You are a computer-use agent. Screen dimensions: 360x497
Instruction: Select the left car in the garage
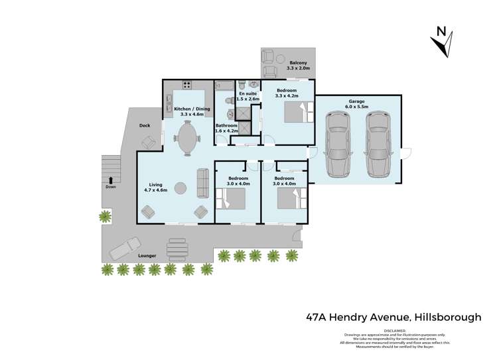tap(337, 145)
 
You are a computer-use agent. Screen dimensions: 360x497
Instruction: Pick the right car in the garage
tap(379, 145)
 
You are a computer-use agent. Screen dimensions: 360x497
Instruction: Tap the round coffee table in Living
tap(180, 188)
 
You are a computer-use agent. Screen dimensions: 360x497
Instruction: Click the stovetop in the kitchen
tap(186, 85)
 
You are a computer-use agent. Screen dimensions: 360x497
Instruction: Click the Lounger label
tap(147, 255)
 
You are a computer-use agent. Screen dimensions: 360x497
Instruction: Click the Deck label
tap(145, 125)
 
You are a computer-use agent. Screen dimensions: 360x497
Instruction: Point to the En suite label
tap(248, 94)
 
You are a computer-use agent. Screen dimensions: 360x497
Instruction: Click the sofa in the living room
tap(203, 183)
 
